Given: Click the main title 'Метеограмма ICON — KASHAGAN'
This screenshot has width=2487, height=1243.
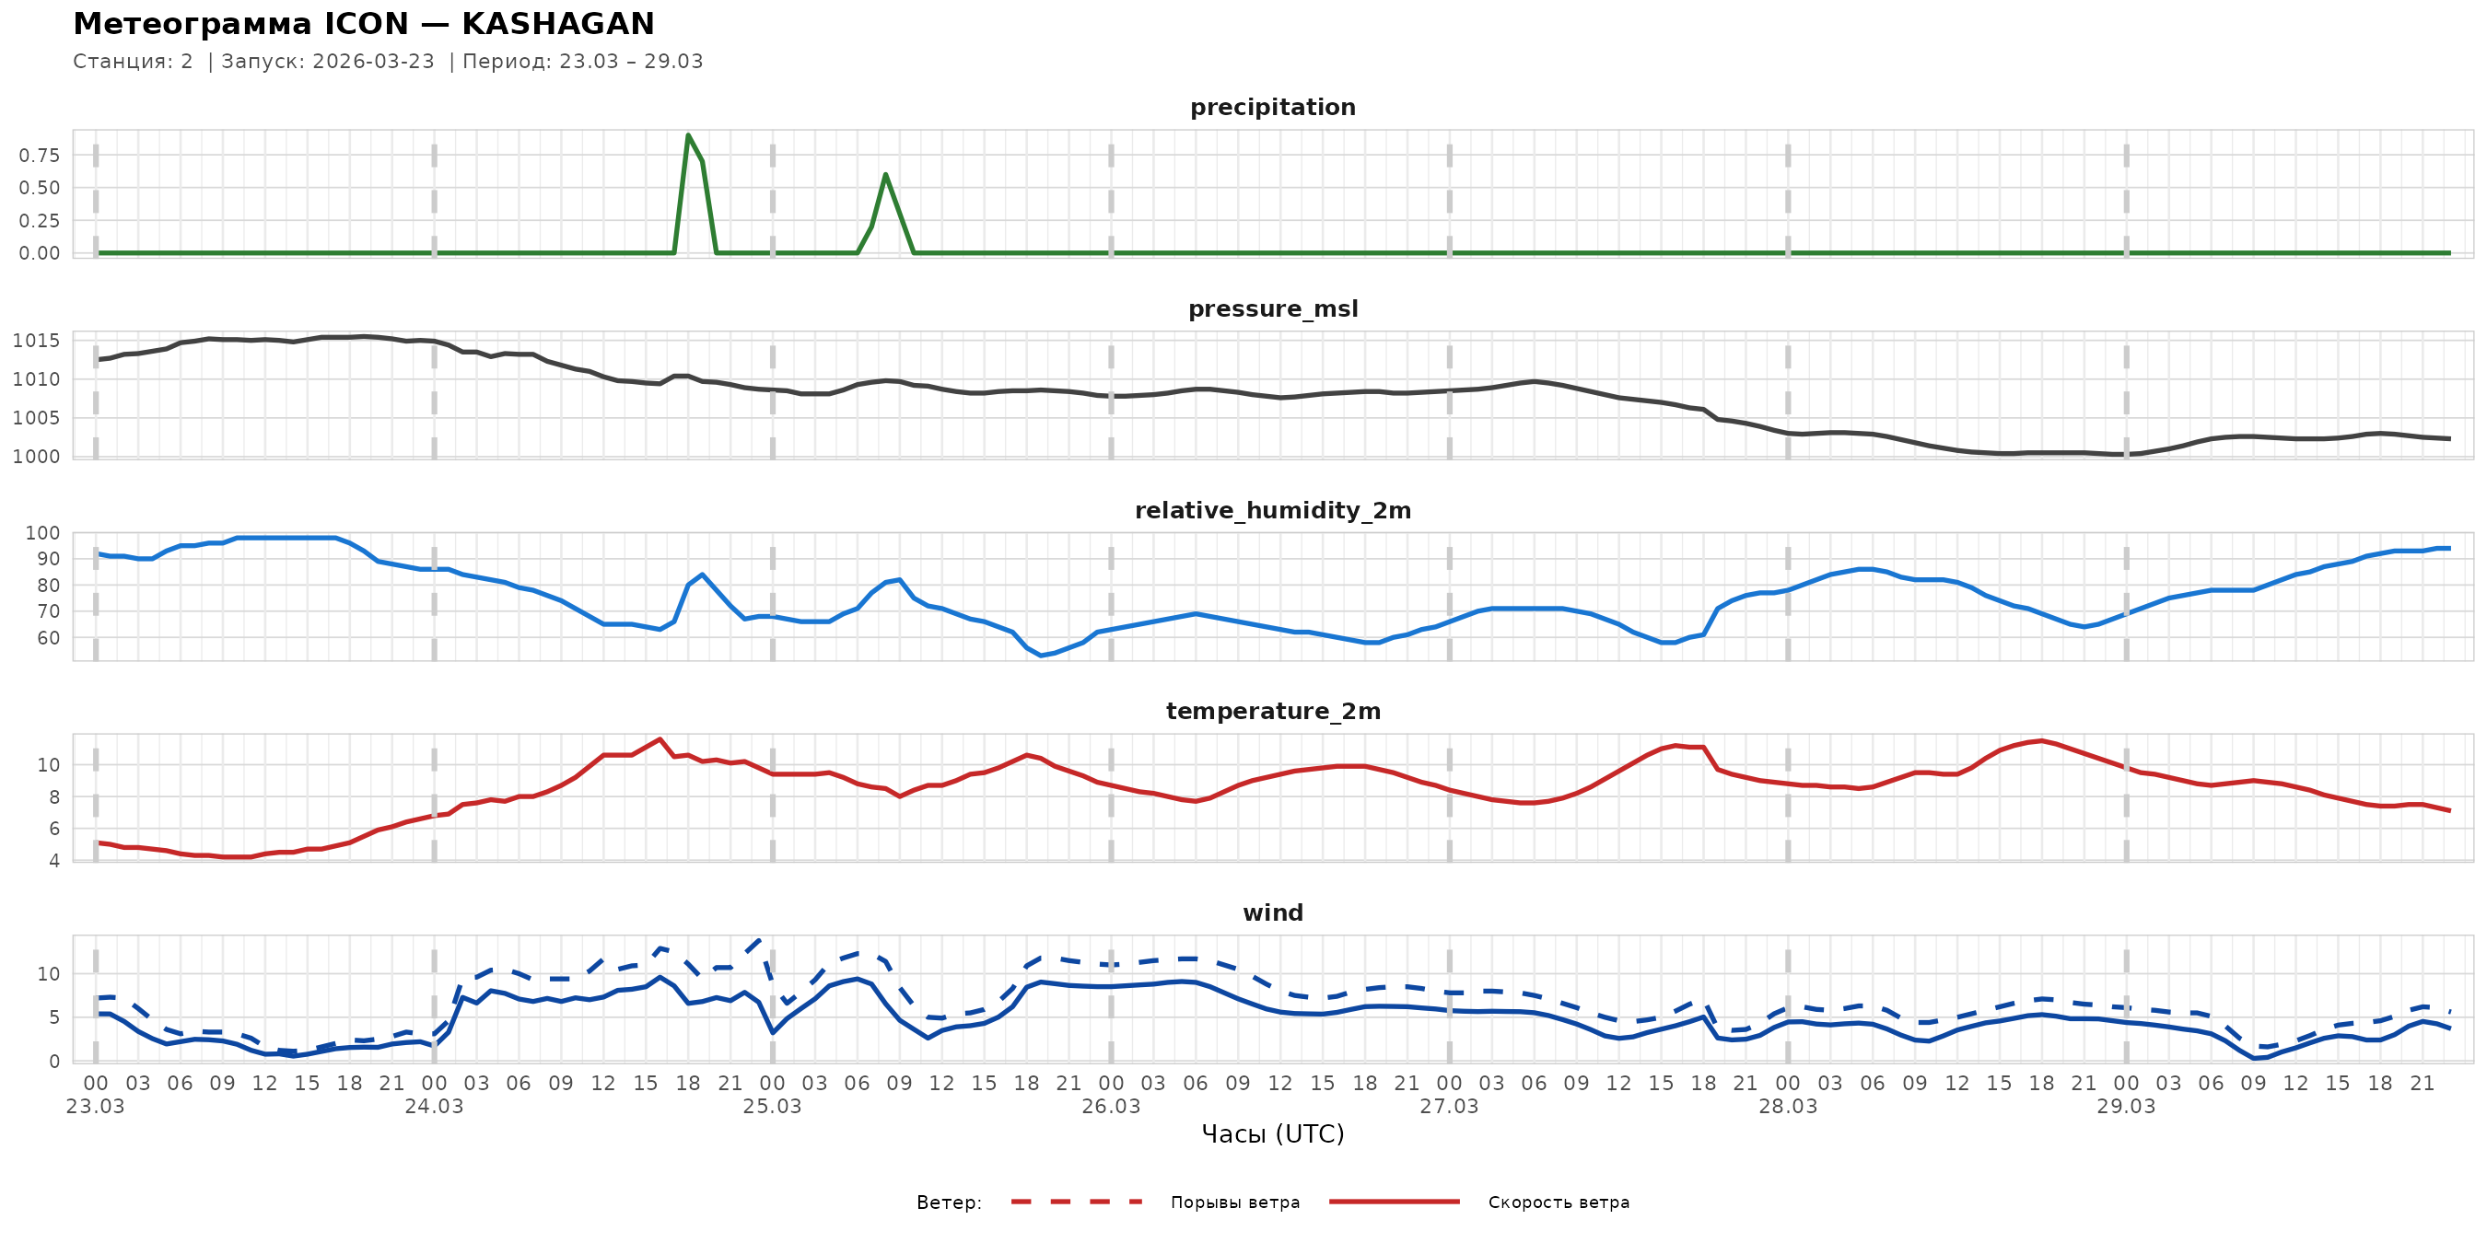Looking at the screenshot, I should click(363, 23).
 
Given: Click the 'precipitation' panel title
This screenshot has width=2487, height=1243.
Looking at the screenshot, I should click(1272, 107).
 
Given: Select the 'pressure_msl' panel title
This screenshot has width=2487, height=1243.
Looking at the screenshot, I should click(1272, 308).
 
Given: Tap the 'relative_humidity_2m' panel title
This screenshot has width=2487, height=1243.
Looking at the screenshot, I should click(1272, 510).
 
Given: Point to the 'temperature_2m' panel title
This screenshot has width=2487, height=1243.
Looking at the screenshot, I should click(1272, 711).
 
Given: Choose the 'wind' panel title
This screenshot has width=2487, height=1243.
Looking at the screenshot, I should click(1272, 913).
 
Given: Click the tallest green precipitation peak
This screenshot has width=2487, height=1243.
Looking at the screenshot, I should click(687, 135).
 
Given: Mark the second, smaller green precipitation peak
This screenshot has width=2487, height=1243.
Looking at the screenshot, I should click(885, 175).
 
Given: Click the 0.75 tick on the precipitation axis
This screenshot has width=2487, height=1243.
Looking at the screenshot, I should click(39, 156).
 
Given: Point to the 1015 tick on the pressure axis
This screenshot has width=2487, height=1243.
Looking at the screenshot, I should click(36, 341).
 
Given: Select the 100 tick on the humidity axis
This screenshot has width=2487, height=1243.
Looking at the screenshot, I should click(42, 533).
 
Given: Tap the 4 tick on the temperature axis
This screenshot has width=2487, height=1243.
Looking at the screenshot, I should click(54, 861).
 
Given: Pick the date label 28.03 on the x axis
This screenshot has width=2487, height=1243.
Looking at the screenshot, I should click(1787, 1107).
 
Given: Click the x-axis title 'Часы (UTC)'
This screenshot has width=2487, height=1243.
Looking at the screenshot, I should click(1272, 1134).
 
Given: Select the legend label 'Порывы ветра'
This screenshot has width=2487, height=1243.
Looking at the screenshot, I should click(1235, 1202).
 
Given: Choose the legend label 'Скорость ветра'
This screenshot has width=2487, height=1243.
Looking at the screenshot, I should click(1559, 1202).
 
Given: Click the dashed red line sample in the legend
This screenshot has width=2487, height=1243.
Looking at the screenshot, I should click(1077, 1202).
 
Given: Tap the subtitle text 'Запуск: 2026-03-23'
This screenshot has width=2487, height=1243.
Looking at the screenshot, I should click(328, 62).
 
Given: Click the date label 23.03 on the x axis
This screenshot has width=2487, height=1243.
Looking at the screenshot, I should click(96, 1107).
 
